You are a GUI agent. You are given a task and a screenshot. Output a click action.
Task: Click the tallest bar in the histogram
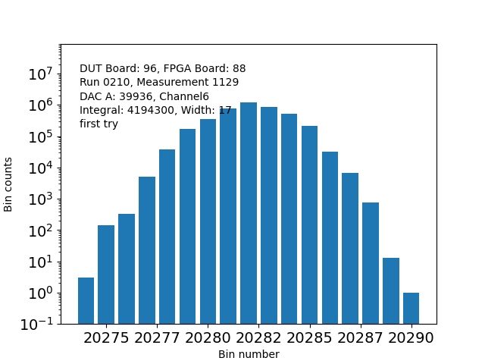pos(249,212)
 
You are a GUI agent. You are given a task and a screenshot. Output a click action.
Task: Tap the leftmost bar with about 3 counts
pos(86,300)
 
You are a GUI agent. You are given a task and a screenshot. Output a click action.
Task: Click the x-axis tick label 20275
pos(106,337)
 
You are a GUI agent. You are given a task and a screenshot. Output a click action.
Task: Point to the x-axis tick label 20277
pos(157,337)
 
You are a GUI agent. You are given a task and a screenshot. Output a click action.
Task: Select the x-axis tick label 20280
pos(208,337)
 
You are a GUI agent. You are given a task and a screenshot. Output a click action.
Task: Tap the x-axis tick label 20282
pos(258,337)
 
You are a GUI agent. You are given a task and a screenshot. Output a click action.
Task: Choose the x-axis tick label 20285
pos(309,337)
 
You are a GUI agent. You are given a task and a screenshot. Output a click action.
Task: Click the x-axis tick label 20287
pos(360,337)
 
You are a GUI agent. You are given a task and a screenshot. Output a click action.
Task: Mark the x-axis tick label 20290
pos(411,337)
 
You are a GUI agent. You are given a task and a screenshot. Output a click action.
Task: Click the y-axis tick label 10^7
pos(39,74)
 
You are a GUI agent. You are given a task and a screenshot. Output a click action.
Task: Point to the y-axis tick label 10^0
pos(39,293)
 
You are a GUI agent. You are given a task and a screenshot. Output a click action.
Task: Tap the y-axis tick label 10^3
pos(39,199)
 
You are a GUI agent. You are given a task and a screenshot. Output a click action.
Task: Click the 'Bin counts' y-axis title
pos(9,184)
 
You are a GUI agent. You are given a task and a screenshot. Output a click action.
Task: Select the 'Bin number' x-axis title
pos(249,354)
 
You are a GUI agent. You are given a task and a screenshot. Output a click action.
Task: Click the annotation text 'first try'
pos(99,124)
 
